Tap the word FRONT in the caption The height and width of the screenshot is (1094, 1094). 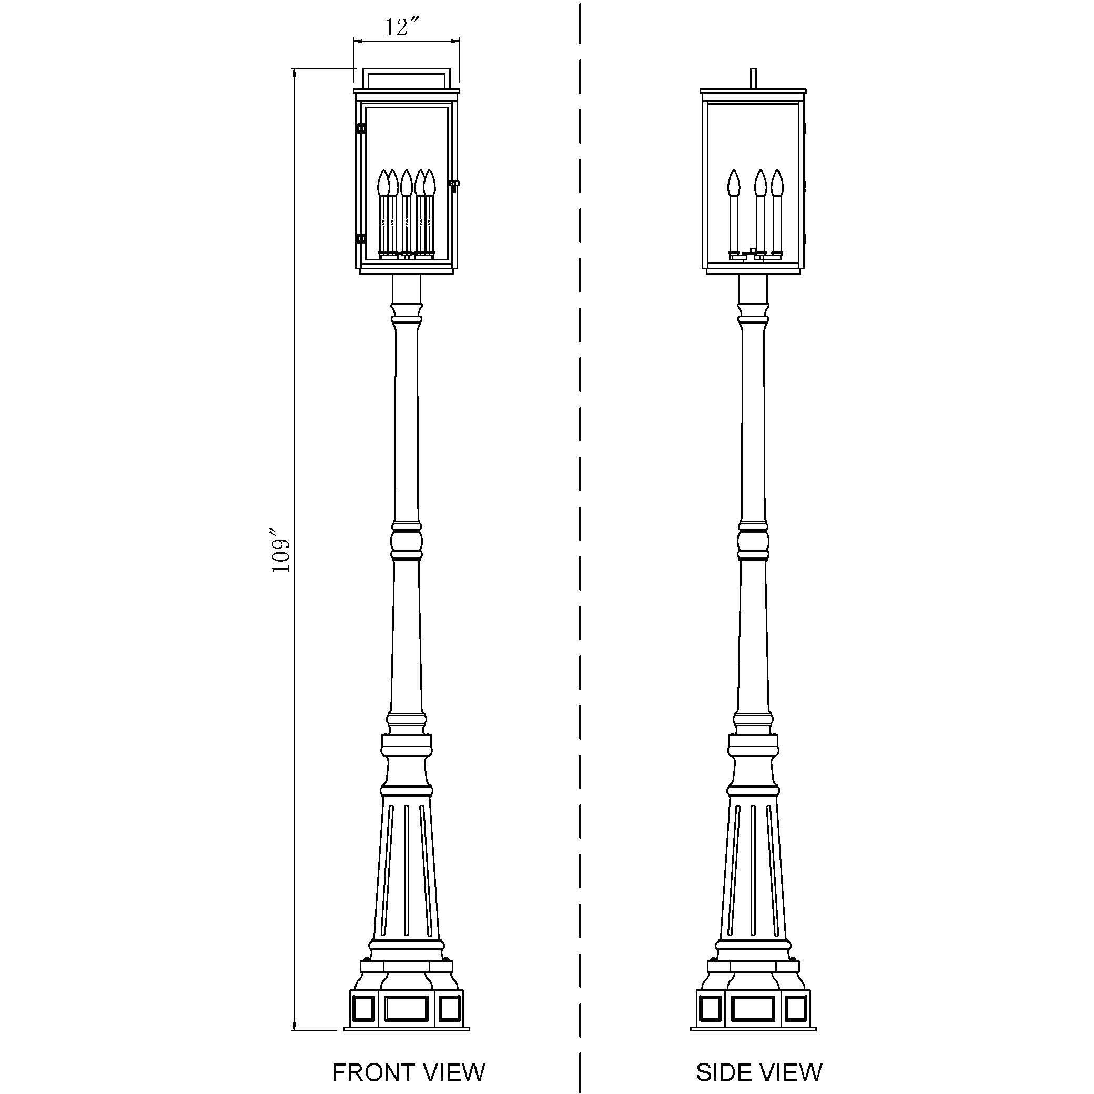[x=369, y=1072]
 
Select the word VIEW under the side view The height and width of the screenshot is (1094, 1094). [x=793, y=1072]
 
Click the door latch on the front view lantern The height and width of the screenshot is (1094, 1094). [x=454, y=184]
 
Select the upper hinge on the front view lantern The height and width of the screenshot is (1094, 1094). [x=361, y=128]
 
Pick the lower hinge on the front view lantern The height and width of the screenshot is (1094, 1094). [x=361, y=238]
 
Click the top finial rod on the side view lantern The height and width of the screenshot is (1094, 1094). [x=753, y=79]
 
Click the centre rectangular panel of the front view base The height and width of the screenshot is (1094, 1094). [x=406, y=1008]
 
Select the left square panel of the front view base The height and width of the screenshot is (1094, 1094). [x=363, y=1008]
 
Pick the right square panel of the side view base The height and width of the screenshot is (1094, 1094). [x=796, y=1008]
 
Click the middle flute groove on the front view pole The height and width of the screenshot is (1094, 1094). [x=407, y=877]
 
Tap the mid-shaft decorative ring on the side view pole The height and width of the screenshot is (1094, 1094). [x=753, y=540]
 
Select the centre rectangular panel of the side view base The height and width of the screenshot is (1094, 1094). [x=753, y=1008]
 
